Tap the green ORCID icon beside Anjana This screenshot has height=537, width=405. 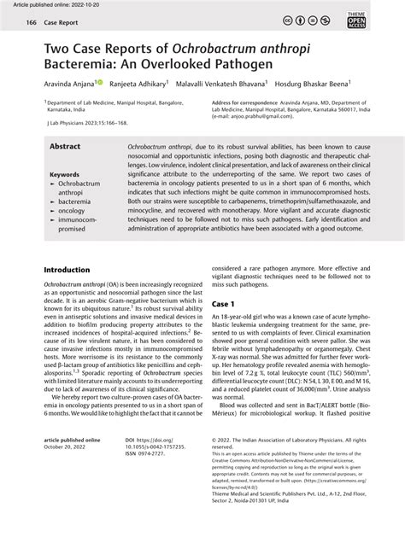coord(100,83)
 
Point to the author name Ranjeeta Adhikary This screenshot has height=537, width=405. coord(138,85)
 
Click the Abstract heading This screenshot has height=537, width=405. coord(65,147)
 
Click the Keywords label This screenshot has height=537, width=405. coord(64,174)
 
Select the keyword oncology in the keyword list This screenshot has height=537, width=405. coord(71,210)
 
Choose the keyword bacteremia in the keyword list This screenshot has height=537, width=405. coord(75,201)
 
